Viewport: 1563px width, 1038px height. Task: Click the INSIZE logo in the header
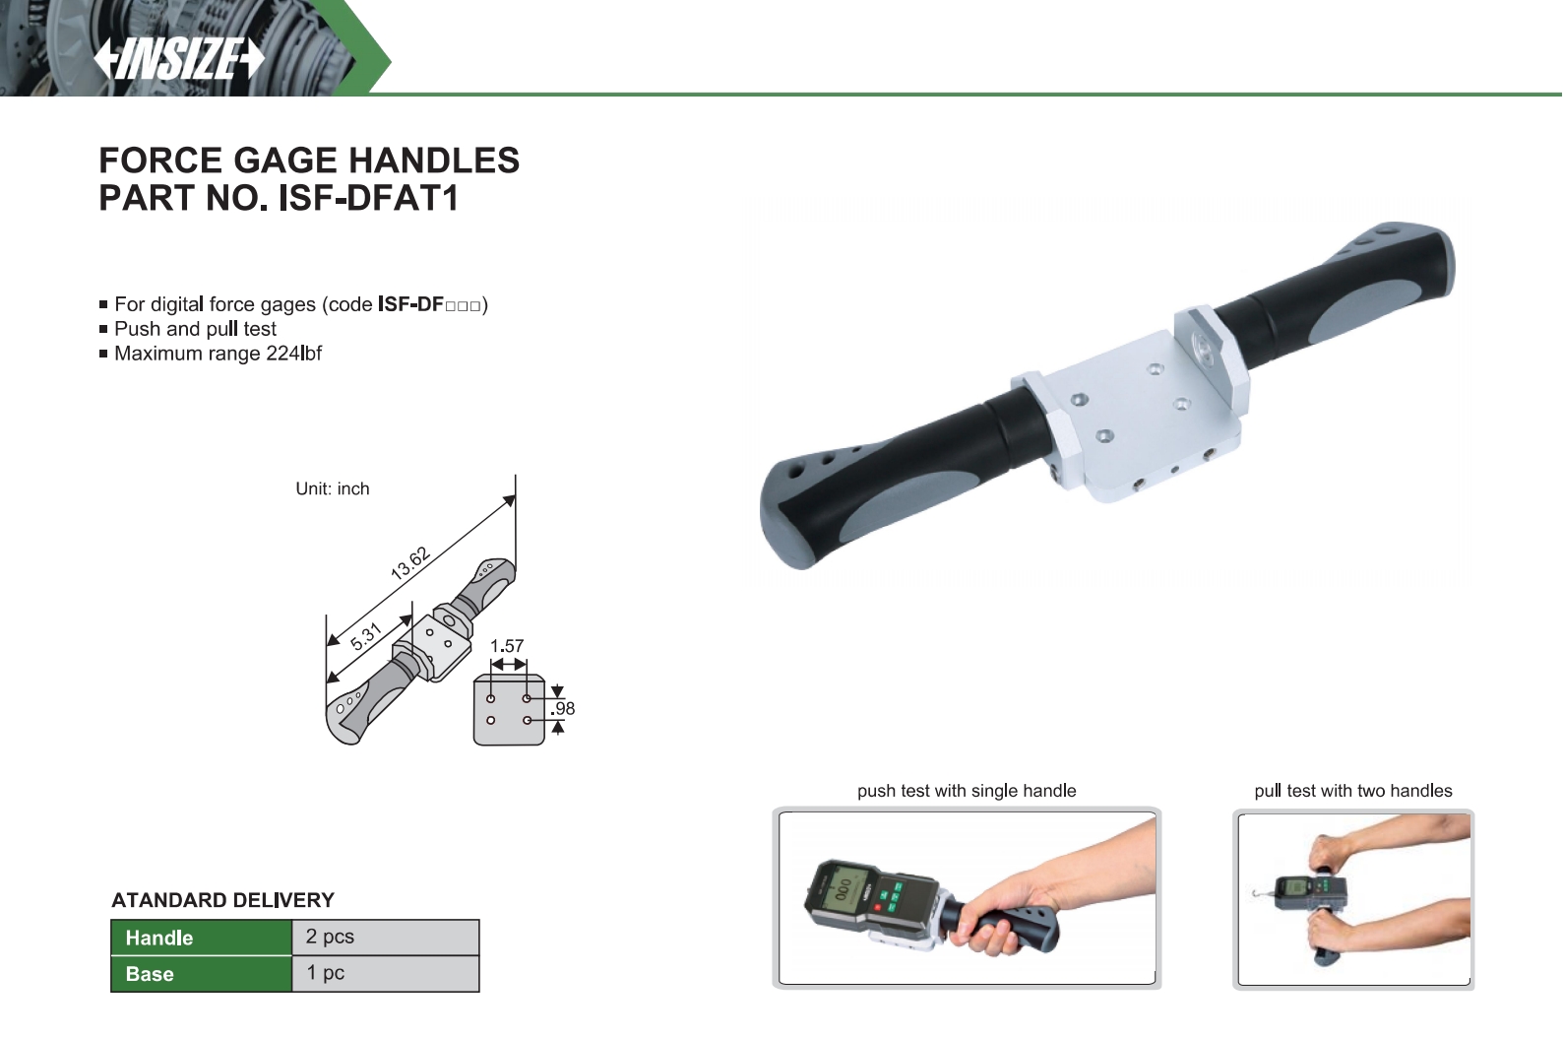[179, 59]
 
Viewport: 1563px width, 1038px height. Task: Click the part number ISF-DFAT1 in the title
[368, 198]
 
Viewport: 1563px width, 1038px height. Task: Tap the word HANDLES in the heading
[434, 160]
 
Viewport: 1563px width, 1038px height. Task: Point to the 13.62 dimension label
[409, 563]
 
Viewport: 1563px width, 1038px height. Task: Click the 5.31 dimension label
[365, 636]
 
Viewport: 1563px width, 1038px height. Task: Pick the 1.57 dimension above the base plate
[507, 646]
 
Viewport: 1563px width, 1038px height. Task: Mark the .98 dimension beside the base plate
[562, 708]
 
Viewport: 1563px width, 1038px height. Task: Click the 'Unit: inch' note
[332, 488]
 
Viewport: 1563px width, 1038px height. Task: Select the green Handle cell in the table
[201, 938]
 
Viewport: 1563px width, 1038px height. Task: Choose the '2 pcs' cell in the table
[385, 938]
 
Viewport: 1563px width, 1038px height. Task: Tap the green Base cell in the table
[201, 974]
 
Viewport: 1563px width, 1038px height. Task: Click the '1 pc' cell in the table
[385, 974]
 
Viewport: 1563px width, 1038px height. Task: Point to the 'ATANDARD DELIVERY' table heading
[222, 900]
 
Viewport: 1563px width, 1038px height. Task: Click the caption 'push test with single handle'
[967, 791]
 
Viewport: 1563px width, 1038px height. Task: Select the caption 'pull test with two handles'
[1353, 791]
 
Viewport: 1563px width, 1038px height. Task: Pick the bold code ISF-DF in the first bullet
[411, 304]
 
